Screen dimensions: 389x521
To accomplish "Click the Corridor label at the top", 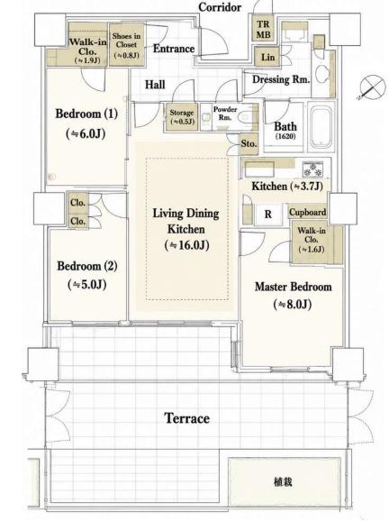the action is (220, 7).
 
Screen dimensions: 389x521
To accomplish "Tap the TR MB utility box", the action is (263, 29).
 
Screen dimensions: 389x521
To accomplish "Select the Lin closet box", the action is (267, 57).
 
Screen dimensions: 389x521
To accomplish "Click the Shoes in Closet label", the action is (126, 41).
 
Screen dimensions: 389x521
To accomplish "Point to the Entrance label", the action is (174, 49).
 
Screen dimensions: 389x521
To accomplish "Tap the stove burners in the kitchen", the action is (312, 169).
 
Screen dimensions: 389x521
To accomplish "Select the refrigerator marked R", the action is (267, 215).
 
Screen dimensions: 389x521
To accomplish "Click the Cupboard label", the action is (308, 212).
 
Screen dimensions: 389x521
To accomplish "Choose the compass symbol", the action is (373, 87).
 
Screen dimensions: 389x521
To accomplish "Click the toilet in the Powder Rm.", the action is (246, 117).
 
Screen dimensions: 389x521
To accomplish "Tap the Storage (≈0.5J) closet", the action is (182, 117).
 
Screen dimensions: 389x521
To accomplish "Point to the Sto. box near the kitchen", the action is (249, 144).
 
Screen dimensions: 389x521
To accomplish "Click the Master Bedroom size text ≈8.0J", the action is (293, 304).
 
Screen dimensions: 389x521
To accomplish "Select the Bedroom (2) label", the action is (87, 266).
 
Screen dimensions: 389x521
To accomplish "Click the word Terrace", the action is (187, 418).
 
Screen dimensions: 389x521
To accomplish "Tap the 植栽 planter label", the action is (283, 481).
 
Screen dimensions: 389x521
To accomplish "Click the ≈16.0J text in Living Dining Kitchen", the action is (187, 245).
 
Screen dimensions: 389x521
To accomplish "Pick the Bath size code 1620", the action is (285, 136).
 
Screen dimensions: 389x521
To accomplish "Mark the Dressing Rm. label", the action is (281, 79).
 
